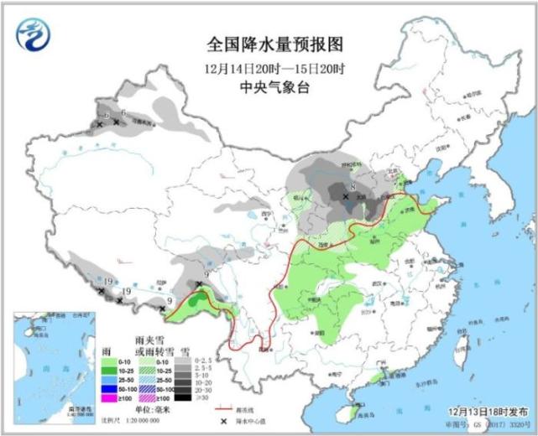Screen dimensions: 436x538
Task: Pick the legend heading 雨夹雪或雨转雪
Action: click(x=151, y=344)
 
